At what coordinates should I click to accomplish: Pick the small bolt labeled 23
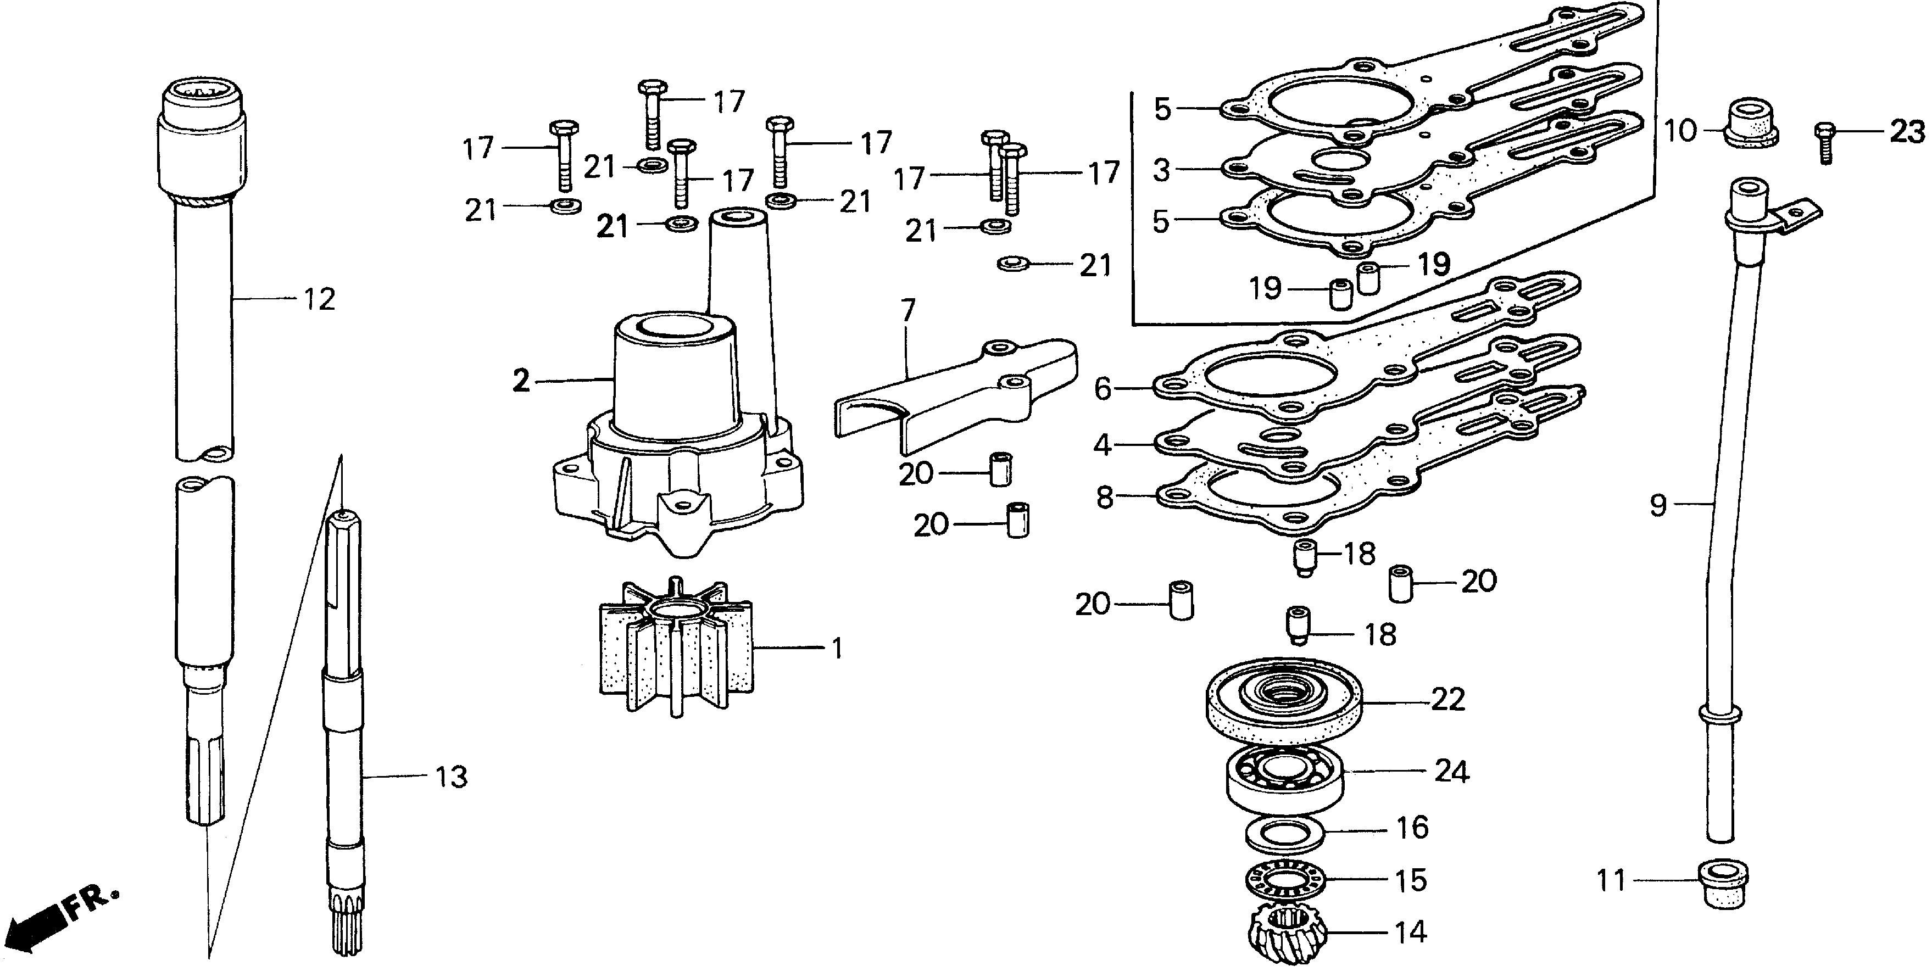click(1825, 144)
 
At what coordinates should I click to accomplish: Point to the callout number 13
click(451, 777)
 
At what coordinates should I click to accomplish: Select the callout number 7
click(908, 310)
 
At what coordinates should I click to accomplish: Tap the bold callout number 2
click(521, 382)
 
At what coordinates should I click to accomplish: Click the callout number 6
click(1103, 388)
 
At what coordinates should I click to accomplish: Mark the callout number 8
click(1105, 496)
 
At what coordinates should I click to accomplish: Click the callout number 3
click(1161, 171)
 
